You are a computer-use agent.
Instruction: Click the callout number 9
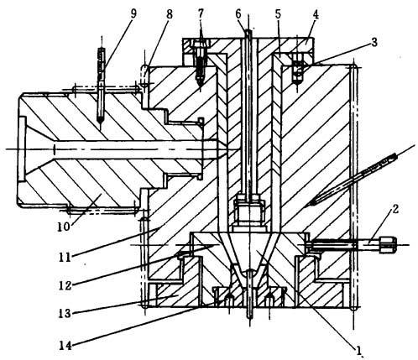133,13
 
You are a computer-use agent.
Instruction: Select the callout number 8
169,13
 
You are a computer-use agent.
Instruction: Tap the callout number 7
201,13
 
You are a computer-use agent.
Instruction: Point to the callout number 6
238,13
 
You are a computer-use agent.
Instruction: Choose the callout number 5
278,14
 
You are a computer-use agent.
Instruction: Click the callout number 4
316,14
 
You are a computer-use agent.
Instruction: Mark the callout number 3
374,42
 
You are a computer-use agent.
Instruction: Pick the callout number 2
394,209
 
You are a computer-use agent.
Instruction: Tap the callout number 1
358,350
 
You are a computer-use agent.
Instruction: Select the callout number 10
63,227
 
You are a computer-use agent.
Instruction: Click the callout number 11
65,257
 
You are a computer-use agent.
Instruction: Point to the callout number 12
65,284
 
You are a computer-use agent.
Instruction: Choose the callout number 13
65,313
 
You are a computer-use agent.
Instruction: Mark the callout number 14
65,346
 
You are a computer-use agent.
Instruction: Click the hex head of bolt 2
388,244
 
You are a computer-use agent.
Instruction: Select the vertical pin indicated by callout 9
101,85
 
